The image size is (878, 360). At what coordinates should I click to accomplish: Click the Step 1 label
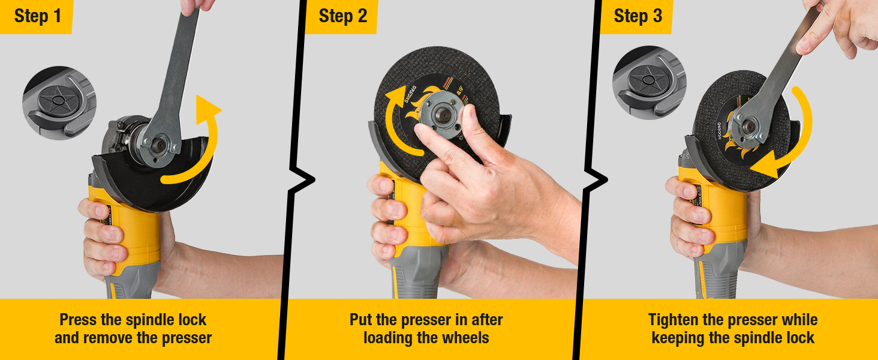pyautogui.click(x=37, y=16)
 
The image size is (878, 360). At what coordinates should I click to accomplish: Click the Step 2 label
pyautogui.click(x=342, y=16)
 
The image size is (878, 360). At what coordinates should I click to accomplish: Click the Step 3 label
pyautogui.click(x=638, y=16)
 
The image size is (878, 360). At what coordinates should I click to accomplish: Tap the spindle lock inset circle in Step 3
pyautogui.click(x=649, y=82)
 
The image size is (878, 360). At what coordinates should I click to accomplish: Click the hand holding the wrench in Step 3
pyautogui.click(x=840, y=27)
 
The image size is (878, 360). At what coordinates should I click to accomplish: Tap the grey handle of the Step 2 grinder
pyautogui.click(x=417, y=273)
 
